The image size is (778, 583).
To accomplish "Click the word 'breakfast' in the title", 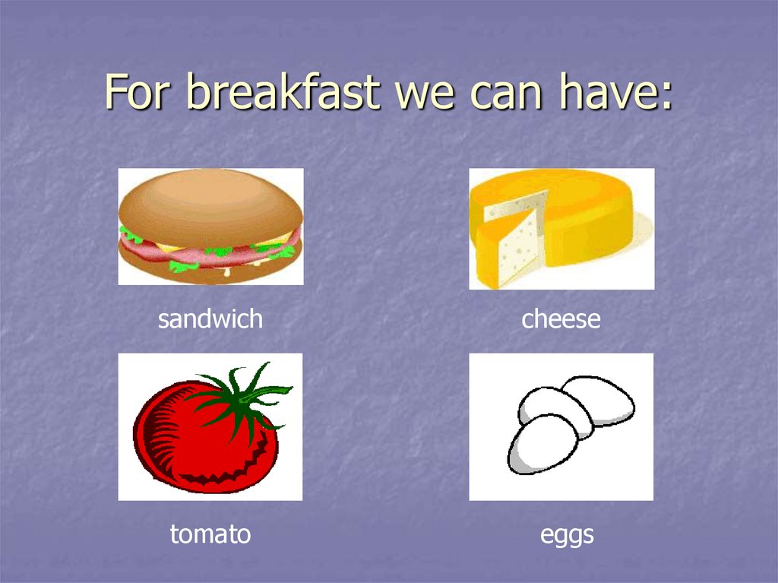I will coord(283,92).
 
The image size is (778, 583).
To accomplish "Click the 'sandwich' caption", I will coord(210,318).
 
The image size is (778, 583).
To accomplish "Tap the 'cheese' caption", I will coord(561,318).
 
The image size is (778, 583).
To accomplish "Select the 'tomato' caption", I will coord(210,534).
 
